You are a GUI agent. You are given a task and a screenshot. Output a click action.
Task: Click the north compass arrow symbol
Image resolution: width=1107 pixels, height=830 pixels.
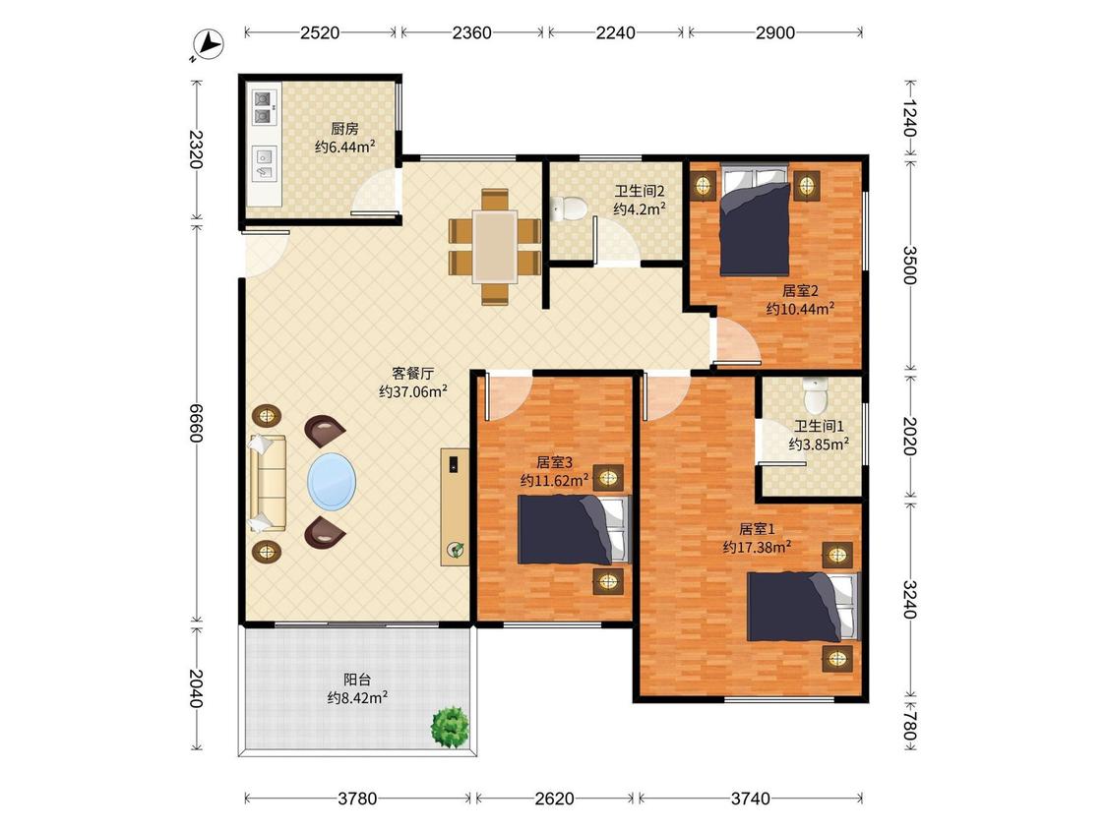[209, 44]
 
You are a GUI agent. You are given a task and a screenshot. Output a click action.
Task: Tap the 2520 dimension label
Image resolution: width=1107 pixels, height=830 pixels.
[320, 32]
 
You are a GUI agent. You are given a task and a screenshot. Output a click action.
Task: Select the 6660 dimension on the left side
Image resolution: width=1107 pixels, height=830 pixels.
[196, 422]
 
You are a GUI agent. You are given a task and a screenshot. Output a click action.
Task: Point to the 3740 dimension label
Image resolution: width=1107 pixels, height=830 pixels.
[750, 799]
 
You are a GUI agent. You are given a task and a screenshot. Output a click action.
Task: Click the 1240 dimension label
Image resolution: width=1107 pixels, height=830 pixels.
[909, 118]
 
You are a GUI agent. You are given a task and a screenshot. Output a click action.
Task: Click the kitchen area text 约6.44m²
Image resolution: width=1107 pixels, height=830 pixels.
[344, 147]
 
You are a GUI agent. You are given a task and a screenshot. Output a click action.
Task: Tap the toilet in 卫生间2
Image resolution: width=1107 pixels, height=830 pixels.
[569, 208]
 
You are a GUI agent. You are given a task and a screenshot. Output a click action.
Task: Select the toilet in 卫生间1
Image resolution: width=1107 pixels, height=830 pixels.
[816, 395]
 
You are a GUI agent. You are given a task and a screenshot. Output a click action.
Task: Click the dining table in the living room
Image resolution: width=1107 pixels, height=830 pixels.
[495, 246]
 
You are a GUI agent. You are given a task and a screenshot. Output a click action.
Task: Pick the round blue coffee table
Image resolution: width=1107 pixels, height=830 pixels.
[332, 481]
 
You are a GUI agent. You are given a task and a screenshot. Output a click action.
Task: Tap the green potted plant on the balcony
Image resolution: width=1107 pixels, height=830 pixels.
[451, 726]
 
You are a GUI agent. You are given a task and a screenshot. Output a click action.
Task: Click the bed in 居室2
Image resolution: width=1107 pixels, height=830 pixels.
[755, 220]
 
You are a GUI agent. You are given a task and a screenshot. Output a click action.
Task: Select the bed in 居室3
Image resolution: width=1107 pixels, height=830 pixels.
[574, 529]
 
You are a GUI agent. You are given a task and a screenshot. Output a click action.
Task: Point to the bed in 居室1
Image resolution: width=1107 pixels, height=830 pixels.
[803, 606]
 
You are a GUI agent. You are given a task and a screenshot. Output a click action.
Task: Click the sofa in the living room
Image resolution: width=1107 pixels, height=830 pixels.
[268, 483]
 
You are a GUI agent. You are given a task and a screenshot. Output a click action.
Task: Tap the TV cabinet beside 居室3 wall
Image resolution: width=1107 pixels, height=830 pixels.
[455, 506]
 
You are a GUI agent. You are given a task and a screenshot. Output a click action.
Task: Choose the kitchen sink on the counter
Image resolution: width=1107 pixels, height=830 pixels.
[265, 163]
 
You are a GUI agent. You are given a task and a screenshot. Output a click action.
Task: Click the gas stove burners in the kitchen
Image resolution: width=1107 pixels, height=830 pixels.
[264, 107]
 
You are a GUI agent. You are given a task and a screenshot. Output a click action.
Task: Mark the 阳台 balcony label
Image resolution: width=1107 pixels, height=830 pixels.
[357, 680]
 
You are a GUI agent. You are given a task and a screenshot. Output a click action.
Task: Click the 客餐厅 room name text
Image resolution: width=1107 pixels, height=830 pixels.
[413, 374]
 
